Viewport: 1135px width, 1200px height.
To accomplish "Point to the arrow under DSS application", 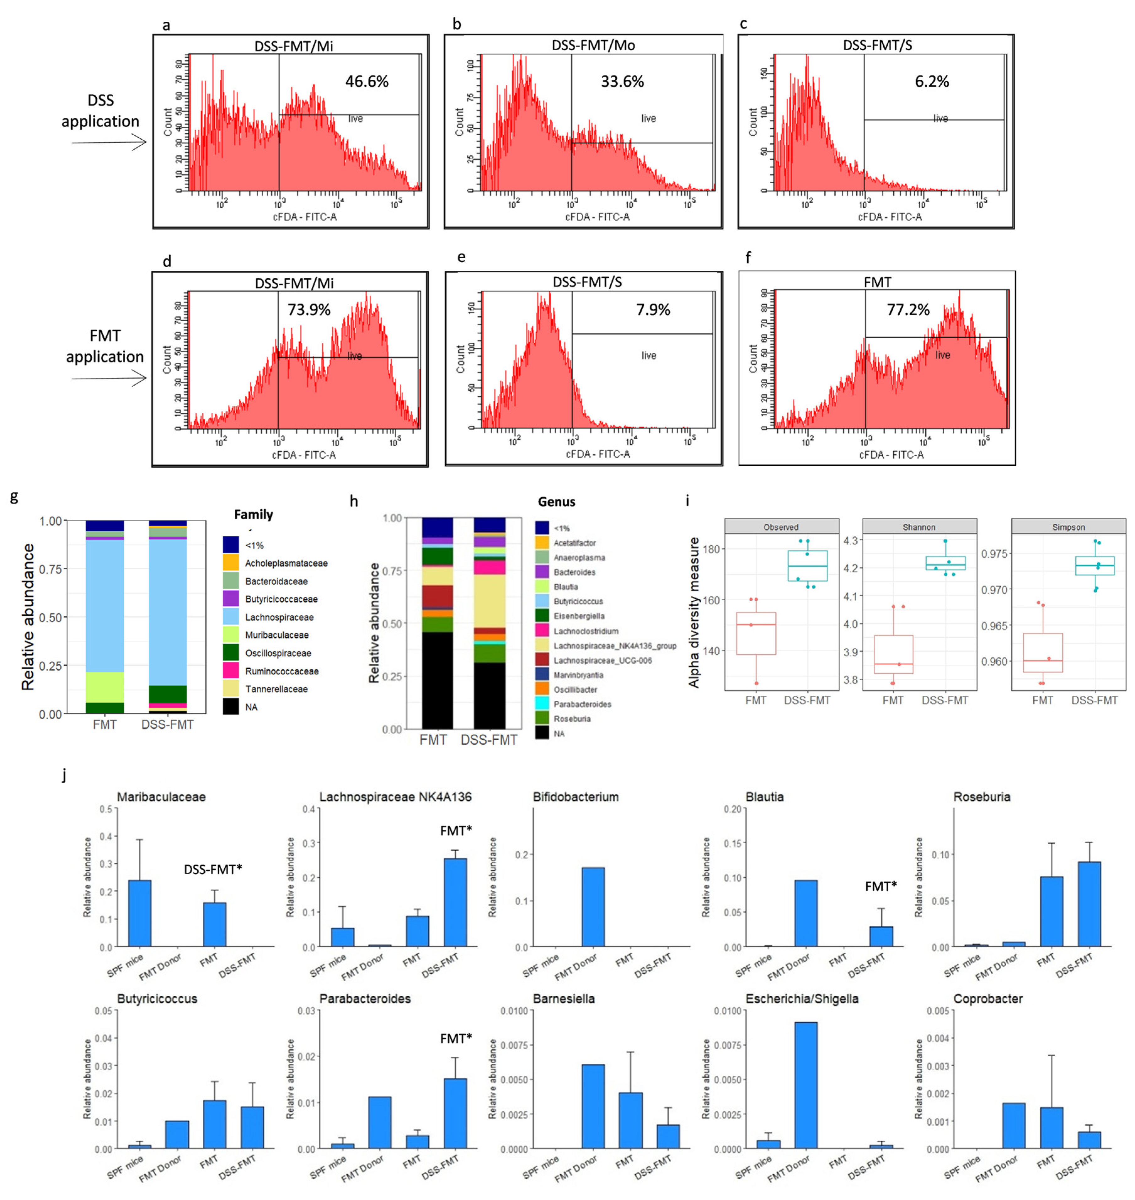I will point(109,143).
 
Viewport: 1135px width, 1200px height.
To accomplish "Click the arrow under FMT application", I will point(109,379).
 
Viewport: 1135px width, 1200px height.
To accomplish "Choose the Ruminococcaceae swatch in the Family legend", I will point(231,671).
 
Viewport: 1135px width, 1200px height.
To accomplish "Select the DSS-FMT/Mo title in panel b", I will point(592,46).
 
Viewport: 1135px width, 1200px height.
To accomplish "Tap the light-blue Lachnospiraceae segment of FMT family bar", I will point(105,605).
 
